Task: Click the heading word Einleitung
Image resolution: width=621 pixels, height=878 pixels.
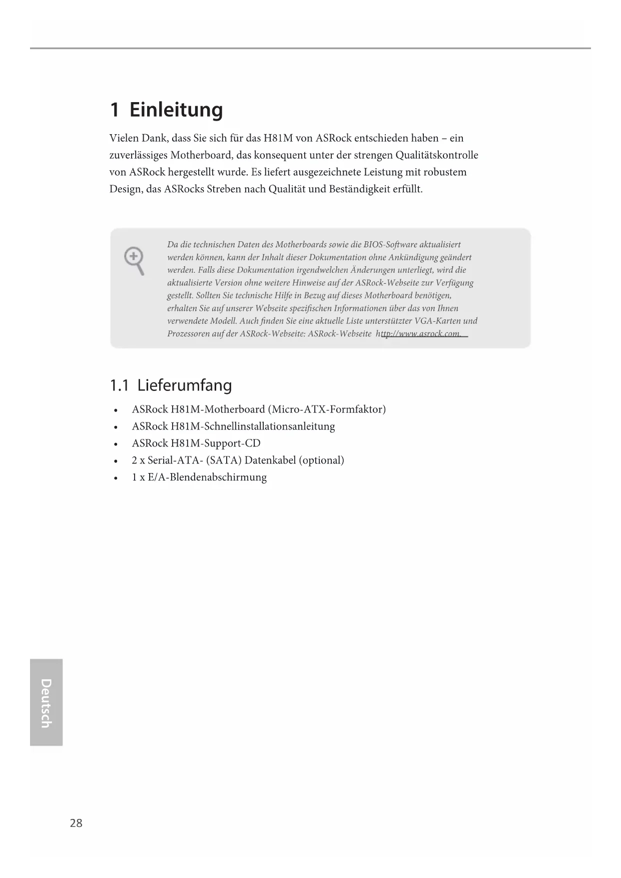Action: click(x=176, y=110)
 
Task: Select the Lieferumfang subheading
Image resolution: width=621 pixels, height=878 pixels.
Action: click(x=184, y=385)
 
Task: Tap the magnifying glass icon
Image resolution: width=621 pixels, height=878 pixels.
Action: click(x=134, y=260)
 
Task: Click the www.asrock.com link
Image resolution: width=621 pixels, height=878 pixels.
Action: click(x=421, y=334)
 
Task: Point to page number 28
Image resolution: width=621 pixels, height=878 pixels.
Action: click(x=76, y=823)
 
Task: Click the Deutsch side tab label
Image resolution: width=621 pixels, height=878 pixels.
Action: click(x=46, y=703)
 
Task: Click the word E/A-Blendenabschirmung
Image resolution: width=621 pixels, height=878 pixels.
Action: click(x=207, y=478)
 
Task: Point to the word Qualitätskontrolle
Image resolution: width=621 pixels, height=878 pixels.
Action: click(x=437, y=155)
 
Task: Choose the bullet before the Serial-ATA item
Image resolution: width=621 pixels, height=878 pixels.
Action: click(x=116, y=461)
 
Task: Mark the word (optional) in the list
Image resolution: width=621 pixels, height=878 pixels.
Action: click(x=321, y=461)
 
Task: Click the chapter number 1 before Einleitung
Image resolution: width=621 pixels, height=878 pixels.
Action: click(x=115, y=110)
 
